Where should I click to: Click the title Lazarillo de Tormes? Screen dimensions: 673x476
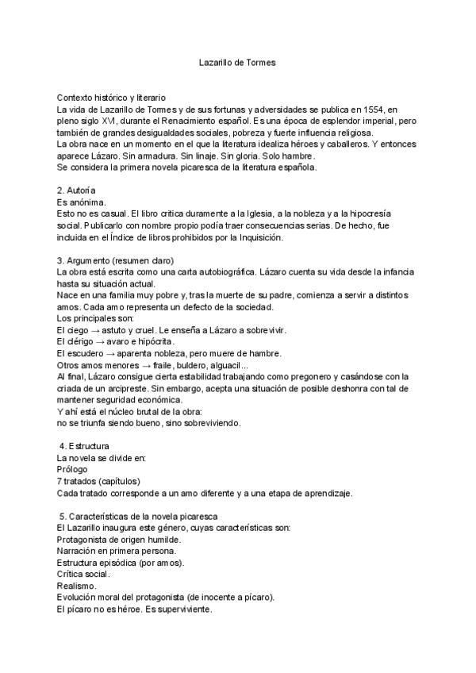[237, 60]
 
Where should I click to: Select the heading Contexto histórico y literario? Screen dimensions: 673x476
[111, 96]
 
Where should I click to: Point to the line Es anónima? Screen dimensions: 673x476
[83, 203]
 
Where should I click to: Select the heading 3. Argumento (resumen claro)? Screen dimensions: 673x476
[115, 260]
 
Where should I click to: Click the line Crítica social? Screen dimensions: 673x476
[83, 574]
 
